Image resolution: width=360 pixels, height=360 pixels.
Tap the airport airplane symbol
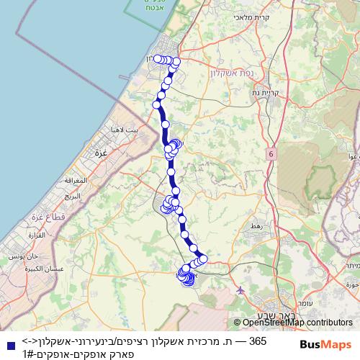(240, 291)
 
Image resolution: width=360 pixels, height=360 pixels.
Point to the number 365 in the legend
(257, 341)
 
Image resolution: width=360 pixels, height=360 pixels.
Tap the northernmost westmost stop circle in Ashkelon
(158, 58)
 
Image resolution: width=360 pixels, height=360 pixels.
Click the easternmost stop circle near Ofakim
(203, 258)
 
